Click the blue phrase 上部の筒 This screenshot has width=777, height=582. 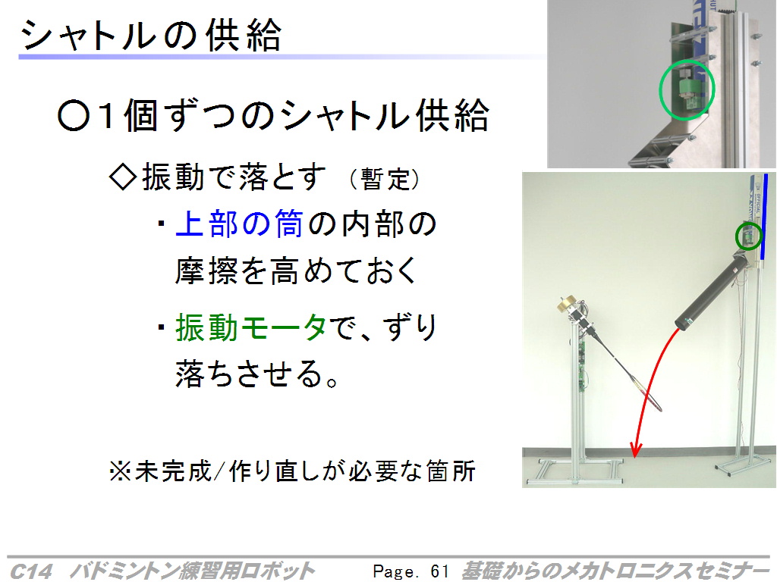pos(239,224)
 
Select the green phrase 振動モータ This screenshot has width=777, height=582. pos(251,327)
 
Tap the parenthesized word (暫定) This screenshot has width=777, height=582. pos(385,179)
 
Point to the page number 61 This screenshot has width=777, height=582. pos(439,571)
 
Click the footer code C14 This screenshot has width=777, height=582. pos(30,571)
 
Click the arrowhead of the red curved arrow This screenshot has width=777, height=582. pos(636,449)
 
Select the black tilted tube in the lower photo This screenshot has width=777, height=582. pos(712,290)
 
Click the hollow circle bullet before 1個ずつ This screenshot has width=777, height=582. pos(74,116)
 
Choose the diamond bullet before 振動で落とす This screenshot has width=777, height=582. pos(123,177)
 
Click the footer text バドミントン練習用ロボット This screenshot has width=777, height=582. pos(192,571)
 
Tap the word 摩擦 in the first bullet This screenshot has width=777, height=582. pos(206,271)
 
